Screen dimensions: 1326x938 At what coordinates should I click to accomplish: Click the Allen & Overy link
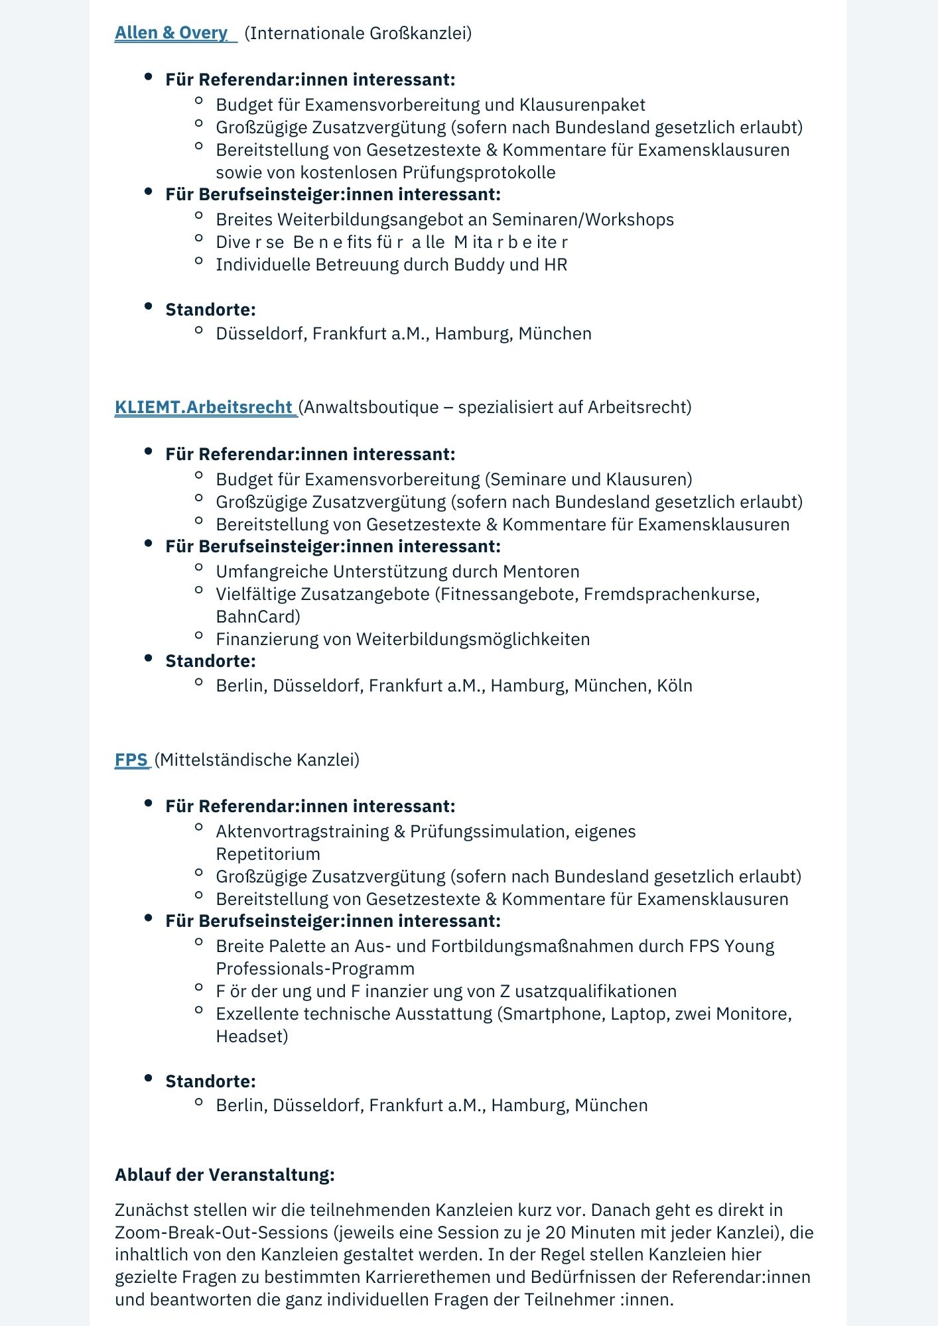coord(171,33)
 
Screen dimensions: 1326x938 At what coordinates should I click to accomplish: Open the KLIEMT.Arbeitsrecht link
coord(204,407)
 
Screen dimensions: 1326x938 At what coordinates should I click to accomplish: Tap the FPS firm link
coord(131,760)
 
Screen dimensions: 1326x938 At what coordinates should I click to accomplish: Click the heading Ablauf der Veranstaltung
coord(224,1175)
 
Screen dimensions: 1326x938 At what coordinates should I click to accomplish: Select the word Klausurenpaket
coord(582,105)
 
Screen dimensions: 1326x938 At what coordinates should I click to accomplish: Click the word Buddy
coord(477,265)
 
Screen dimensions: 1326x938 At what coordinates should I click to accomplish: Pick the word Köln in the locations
coord(674,686)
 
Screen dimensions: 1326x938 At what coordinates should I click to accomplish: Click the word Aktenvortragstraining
coord(302,831)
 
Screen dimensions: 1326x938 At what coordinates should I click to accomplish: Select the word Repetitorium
coord(267,854)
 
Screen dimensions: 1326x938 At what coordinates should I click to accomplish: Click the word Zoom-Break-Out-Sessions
coord(222,1233)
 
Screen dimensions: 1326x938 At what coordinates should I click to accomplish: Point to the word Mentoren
coord(541,572)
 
